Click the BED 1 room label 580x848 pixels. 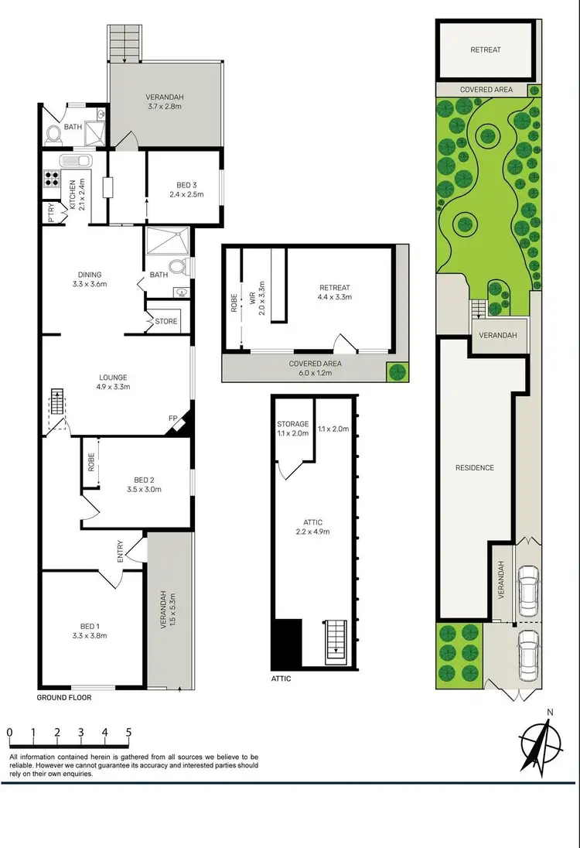(89, 626)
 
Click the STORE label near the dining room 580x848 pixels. (166, 321)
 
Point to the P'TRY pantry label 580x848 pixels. (51, 212)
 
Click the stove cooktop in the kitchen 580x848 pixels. (52, 180)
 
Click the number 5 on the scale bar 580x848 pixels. (128, 732)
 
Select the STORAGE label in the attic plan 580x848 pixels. (293, 423)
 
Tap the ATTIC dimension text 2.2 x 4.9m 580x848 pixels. (314, 532)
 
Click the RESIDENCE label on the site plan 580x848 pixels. (474, 467)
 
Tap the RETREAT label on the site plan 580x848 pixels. (486, 50)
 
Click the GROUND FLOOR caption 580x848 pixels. (63, 697)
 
